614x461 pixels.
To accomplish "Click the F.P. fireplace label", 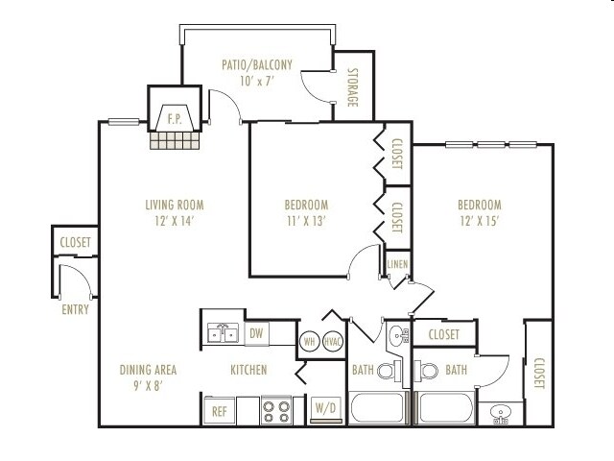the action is [x=175, y=119].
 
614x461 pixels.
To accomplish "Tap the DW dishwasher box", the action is [x=256, y=333].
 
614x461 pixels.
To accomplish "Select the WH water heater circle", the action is [x=309, y=342].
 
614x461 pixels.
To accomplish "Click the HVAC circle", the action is [x=333, y=342].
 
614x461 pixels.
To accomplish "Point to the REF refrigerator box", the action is [x=220, y=411].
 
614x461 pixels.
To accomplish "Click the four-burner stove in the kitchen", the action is [x=276, y=410].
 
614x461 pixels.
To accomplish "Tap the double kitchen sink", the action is [x=223, y=333].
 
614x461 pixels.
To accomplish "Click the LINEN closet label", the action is [x=397, y=264].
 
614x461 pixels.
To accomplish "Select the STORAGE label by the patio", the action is [x=353, y=87].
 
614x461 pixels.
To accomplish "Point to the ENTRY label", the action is [x=75, y=309].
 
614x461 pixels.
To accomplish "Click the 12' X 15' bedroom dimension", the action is [x=480, y=221].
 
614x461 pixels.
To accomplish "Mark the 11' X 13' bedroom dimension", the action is [x=306, y=221].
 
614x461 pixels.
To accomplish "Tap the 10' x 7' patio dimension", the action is [x=256, y=81].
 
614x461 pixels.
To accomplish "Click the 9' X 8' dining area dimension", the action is [x=148, y=386].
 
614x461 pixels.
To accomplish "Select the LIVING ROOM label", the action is [x=175, y=205].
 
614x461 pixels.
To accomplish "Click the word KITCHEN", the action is [x=248, y=370].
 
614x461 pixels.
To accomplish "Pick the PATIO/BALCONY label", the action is [x=257, y=64].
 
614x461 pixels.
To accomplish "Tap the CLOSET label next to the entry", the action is [x=75, y=242].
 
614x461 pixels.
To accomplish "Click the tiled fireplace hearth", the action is [x=175, y=140].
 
